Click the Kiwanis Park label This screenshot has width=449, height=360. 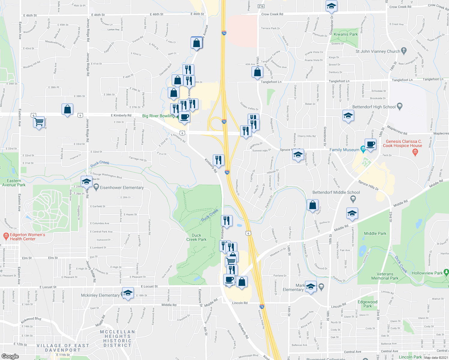pos(346,34)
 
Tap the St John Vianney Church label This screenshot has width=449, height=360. pos(378,51)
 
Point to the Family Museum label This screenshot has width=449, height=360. pos(344,150)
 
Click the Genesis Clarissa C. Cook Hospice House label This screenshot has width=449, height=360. pos(402,143)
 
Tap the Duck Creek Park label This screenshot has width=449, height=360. pos(196,237)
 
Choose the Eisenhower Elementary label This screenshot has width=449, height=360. pos(122,187)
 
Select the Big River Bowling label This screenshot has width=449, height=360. pos(158,116)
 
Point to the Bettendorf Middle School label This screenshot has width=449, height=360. pos(336,192)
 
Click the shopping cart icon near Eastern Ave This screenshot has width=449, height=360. pos(39,122)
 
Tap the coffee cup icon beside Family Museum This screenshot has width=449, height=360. pos(371,144)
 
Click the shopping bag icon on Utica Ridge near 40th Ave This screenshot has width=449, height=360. pos(258,72)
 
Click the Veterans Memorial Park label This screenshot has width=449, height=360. pos(385,276)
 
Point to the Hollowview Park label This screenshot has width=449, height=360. pos(427,273)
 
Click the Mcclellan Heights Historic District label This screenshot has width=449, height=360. pos(117,338)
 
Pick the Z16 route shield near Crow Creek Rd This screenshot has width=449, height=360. pos(261,6)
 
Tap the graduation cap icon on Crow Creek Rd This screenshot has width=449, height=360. pos(331,6)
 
